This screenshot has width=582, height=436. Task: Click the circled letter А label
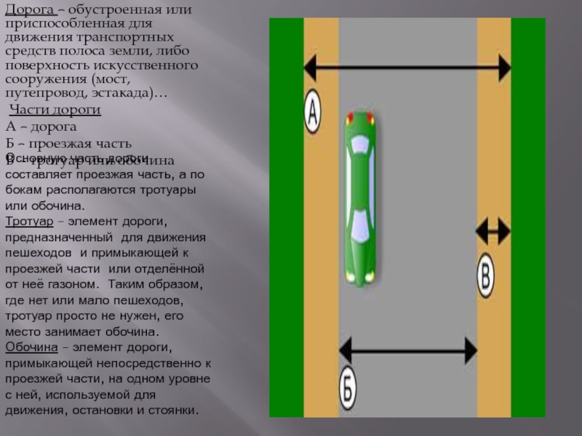[x=311, y=111]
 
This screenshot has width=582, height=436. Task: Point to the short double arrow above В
[x=493, y=231]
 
